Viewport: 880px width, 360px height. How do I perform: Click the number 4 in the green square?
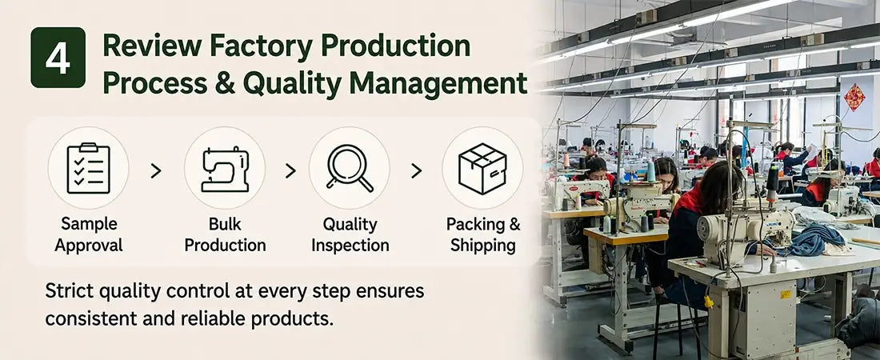(58, 58)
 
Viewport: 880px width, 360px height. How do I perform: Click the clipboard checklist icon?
(88, 168)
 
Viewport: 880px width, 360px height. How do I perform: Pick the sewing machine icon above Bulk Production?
(225, 169)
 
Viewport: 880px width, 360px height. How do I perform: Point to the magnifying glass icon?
(349, 168)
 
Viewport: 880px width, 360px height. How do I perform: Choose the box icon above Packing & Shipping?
(482, 169)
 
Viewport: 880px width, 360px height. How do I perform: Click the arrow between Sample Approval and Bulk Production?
(156, 170)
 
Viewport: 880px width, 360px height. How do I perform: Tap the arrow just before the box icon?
(416, 170)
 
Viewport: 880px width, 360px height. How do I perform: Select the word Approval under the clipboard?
(89, 246)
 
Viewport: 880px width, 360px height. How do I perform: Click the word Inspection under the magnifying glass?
(350, 246)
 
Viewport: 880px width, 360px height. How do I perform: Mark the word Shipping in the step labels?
(483, 246)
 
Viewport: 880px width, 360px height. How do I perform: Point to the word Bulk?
(225, 224)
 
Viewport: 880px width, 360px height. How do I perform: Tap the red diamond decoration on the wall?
(854, 97)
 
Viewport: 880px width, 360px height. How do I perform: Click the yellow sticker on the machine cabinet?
(786, 294)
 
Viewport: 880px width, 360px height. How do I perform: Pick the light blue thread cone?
(650, 171)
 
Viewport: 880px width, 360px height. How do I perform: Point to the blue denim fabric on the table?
(818, 240)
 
